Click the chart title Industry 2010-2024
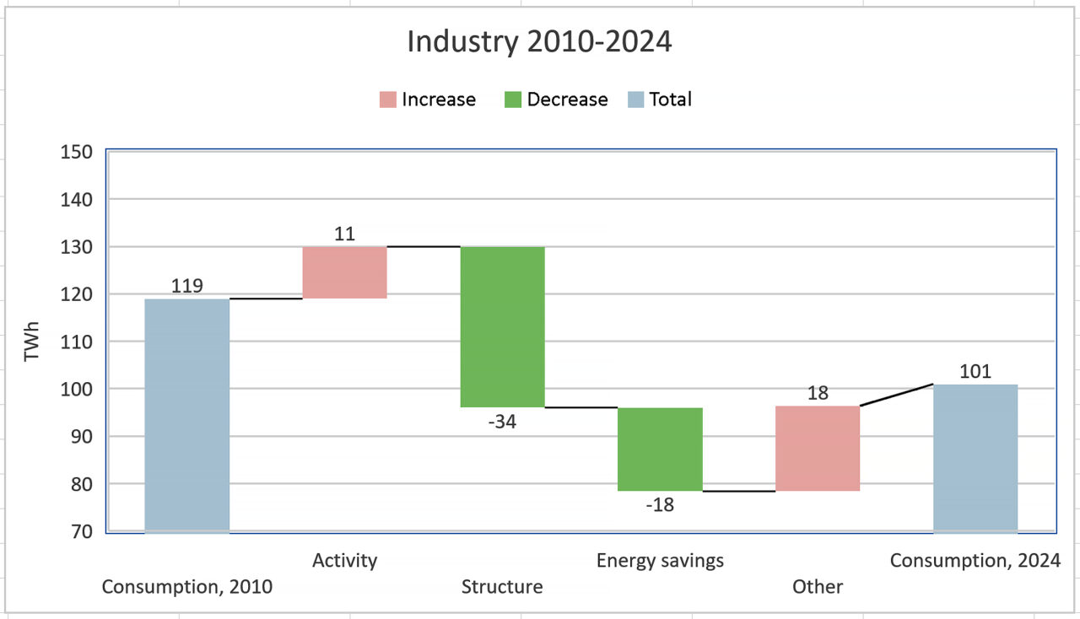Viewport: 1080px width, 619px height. click(x=539, y=41)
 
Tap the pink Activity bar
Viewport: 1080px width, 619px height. click(x=344, y=272)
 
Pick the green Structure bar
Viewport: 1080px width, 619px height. click(x=502, y=326)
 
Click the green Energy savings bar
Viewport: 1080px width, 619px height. click(x=660, y=449)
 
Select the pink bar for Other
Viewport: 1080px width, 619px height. click(x=818, y=448)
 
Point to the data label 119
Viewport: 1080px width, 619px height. click(x=186, y=286)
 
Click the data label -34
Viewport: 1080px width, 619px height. click(x=502, y=422)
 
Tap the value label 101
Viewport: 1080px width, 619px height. click(x=975, y=371)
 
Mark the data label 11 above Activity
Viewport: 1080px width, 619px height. click(x=344, y=234)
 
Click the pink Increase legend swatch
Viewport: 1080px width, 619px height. click(x=387, y=100)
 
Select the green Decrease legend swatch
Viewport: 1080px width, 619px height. click(x=512, y=100)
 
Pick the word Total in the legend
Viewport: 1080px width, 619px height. click(x=670, y=100)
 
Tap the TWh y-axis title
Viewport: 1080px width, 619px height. click(x=32, y=342)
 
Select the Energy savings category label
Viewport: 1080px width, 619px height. click(x=660, y=560)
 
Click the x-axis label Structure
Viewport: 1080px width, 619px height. click(x=502, y=587)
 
